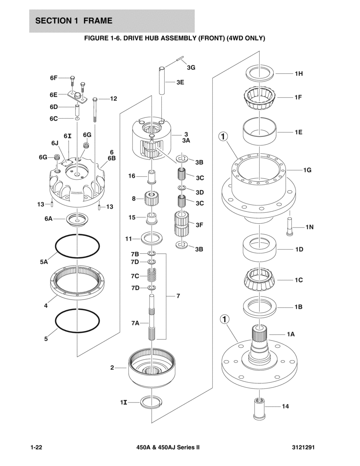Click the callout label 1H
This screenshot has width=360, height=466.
click(x=299, y=74)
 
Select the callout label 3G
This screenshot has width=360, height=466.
click(x=191, y=67)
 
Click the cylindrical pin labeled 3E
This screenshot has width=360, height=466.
click(x=163, y=81)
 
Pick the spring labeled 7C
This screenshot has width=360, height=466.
click(x=152, y=276)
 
